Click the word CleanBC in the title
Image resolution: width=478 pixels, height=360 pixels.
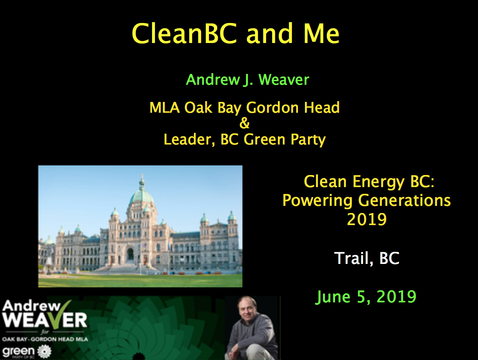pyautogui.click(x=184, y=33)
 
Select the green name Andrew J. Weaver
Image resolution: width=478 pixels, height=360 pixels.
pyautogui.click(x=247, y=80)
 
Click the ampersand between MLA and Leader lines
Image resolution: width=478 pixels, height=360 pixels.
pyautogui.click(x=244, y=123)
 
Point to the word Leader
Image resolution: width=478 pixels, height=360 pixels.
pyautogui.click(x=187, y=139)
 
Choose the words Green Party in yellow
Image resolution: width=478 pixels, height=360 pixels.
pyautogui.click(x=285, y=140)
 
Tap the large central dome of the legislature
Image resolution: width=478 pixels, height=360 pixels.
pyautogui.click(x=142, y=195)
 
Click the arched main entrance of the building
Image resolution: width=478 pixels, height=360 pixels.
pyautogui.click(x=130, y=254)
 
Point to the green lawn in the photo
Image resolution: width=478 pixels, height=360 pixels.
pyautogui.click(x=140, y=280)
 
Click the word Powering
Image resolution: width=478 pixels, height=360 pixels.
pyautogui.click(x=317, y=201)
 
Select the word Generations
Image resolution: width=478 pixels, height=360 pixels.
pyautogui.click(x=404, y=200)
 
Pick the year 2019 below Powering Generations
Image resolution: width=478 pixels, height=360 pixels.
pyautogui.click(x=367, y=220)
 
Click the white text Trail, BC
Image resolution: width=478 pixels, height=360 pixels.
pyautogui.click(x=367, y=259)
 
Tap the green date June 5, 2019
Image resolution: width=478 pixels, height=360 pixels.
pyautogui.click(x=366, y=297)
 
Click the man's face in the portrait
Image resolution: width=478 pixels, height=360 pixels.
pyautogui.click(x=247, y=309)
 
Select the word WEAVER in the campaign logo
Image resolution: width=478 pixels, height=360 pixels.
pyautogui.click(x=45, y=320)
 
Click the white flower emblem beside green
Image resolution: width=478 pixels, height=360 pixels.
pyautogui.click(x=45, y=352)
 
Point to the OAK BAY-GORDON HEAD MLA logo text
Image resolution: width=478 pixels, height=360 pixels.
pyautogui.click(x=45, y=339)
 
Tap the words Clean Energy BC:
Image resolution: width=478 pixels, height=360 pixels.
pyautogui.click(x=369, y=182)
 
